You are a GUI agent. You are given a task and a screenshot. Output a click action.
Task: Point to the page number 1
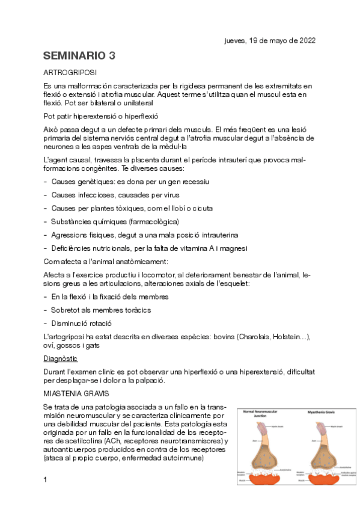45,479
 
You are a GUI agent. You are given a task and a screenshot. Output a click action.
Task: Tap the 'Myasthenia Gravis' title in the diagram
319,413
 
